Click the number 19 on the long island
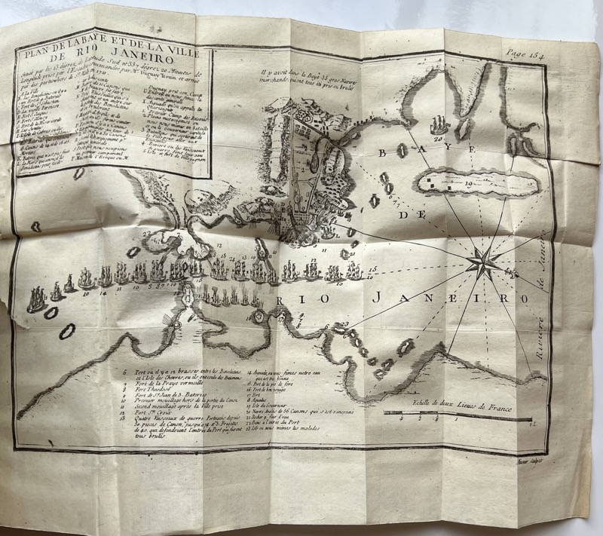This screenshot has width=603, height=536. [468, 182]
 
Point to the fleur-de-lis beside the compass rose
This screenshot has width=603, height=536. [514, 273]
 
